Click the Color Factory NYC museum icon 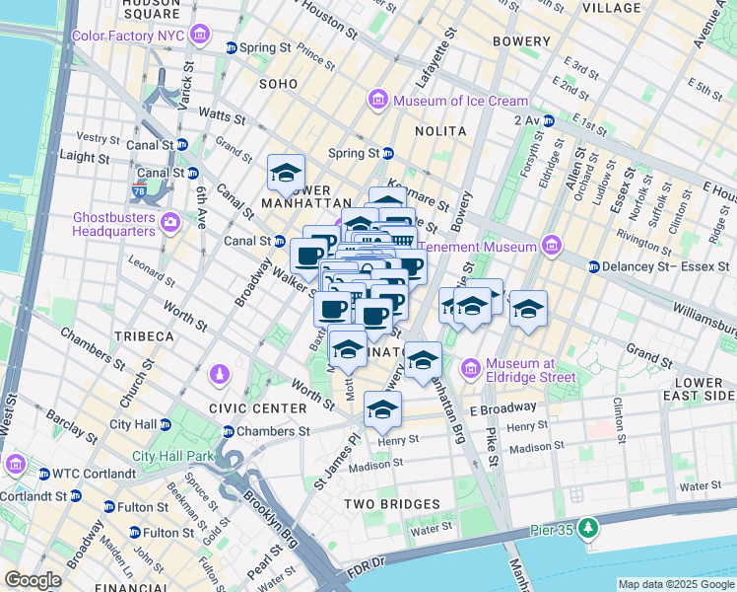point(200,37)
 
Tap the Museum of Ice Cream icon point(377,101)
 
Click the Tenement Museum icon point(550,247)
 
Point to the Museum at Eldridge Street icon point(470,369)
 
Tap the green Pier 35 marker point(588,528)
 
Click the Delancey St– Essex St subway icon point(593,266)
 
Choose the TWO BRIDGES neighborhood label point(391,504)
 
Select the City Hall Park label point(173,456)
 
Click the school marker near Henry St point(382,409)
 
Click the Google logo point(33,580)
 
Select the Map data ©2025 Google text point(675,584)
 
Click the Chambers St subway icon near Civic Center point(229,431)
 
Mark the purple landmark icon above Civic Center point(219,376)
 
